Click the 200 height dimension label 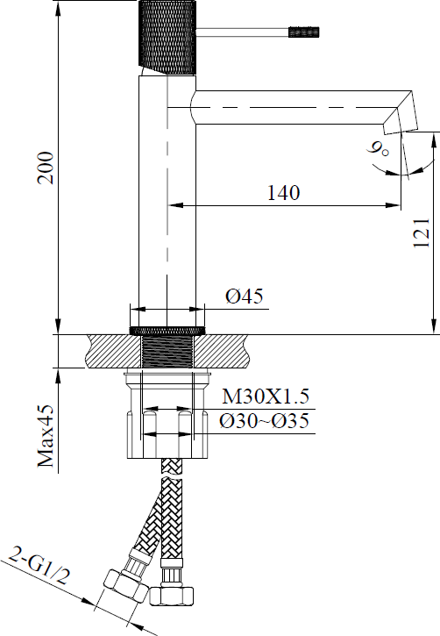46,168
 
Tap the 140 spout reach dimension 284,193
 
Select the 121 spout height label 422,232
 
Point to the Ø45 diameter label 245,296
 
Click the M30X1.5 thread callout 266,397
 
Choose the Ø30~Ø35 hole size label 264,420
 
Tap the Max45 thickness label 46,436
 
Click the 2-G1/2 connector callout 39,566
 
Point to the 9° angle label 378,149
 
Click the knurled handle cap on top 167,38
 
